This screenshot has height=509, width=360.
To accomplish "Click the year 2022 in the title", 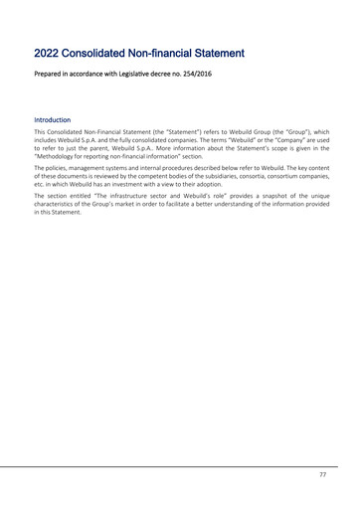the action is pyautogui.click(x=47, y=52).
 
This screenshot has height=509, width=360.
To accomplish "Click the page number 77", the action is pyautogui.click(x=322, y=475).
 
